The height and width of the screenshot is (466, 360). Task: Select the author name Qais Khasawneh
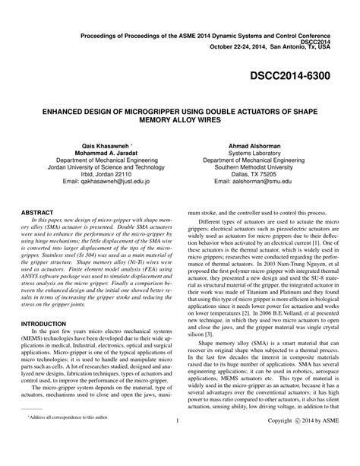pos(113,145)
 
